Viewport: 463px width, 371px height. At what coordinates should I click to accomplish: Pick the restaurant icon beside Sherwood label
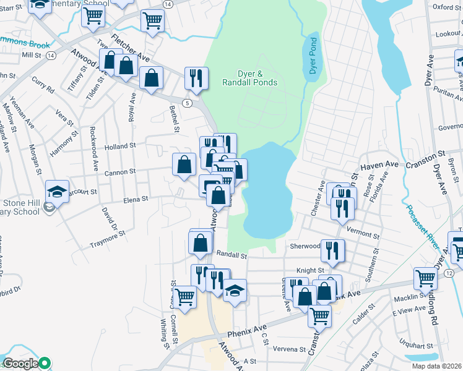pyautogui.click(x=332, y=250)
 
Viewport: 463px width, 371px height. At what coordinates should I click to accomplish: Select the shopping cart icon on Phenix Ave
pyautogui.click(x=319, y=315)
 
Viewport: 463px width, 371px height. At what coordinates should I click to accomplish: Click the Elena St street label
pyautogui.click(x=136, y=199)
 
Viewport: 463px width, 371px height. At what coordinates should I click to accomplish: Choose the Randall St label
pyautogui.click(x=231, y=255)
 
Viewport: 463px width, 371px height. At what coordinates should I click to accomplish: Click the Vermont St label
pyautogui.click(x=364, y=235)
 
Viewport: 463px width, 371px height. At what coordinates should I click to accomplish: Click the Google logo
pyautogui.click(x=20, y=364)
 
